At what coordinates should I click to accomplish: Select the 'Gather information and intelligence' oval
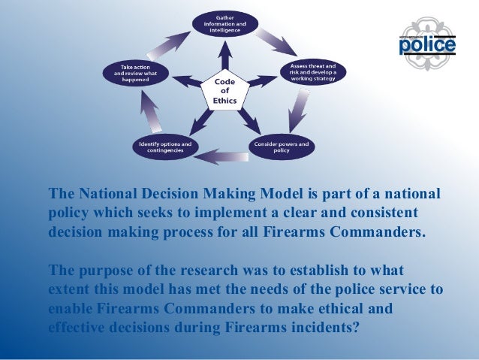click(224, 23)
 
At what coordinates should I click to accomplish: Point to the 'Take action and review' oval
click(136, 74)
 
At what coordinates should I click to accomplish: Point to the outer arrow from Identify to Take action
click(147, 113)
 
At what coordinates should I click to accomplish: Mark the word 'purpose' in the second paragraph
click(101, 270)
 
